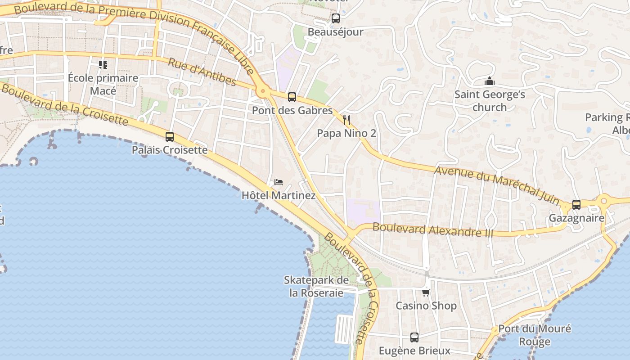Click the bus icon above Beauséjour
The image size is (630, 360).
335,18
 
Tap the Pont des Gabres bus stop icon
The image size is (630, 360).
292,97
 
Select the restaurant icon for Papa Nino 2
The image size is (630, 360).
346,120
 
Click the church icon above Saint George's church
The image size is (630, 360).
489,81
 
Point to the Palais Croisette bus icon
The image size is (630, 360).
170,137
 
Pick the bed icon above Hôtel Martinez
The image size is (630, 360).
279,182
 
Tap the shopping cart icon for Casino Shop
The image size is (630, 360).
426,292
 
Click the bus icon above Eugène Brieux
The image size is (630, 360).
414,337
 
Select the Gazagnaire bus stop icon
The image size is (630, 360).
576,205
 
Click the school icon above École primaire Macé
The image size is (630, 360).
103,65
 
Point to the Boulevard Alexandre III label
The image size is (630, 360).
433,230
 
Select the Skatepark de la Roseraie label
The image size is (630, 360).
316,287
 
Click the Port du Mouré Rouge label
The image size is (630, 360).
535,335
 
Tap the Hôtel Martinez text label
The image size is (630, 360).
279,196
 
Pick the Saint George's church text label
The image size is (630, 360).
490,101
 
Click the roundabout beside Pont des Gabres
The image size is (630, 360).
263,91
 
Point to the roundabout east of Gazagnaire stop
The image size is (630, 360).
604,201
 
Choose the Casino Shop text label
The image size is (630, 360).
426,306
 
